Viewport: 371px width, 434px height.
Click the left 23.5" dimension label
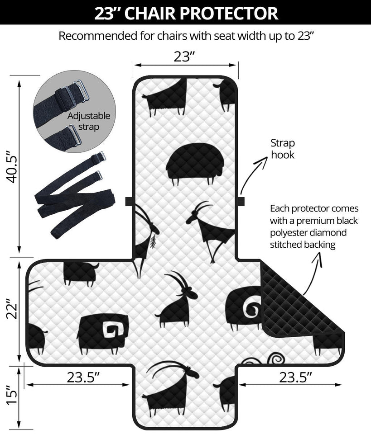pyautogui.click(x=83, y=377)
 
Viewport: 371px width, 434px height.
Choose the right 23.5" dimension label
pyautogui.click(x=295, y=377)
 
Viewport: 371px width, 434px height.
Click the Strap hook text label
pyautogui.click(x=283, y=149)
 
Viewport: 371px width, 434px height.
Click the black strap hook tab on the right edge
pyautogui.click(x=241, y=201)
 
